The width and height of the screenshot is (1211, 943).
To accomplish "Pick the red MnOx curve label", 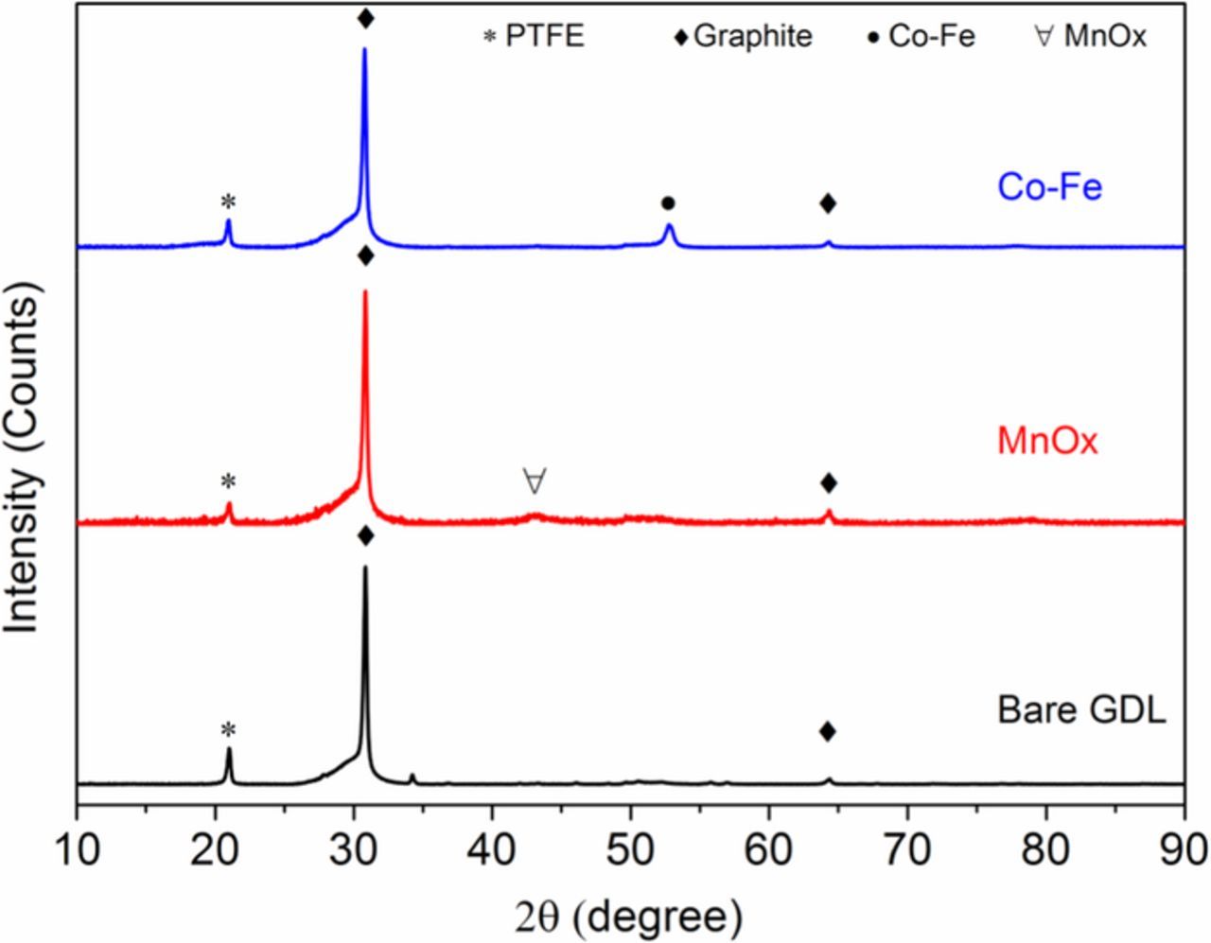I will [x=1047, y=441].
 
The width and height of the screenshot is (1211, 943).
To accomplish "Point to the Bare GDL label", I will [x=1080, y=709].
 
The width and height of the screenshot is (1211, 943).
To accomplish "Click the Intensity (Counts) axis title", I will [x=24, y=463].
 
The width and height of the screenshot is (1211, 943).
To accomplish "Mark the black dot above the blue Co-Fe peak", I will [x=668, y=203].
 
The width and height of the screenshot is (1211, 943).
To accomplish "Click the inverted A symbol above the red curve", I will [x=535, y=480].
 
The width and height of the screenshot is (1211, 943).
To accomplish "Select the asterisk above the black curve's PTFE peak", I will [x=228, y=730].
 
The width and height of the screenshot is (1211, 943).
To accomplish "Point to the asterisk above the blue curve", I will [x=228, y=201].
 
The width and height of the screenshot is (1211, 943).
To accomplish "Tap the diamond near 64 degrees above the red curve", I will [x=829, y=483].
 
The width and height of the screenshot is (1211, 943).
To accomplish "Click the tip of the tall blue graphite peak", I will [x=365, y=49].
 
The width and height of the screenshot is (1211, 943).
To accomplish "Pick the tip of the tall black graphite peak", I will [x=365, y=568].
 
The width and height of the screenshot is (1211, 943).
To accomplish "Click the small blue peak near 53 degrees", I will [x=670, y=226].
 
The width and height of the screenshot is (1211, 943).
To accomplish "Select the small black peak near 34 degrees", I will [x=412, y=775].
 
